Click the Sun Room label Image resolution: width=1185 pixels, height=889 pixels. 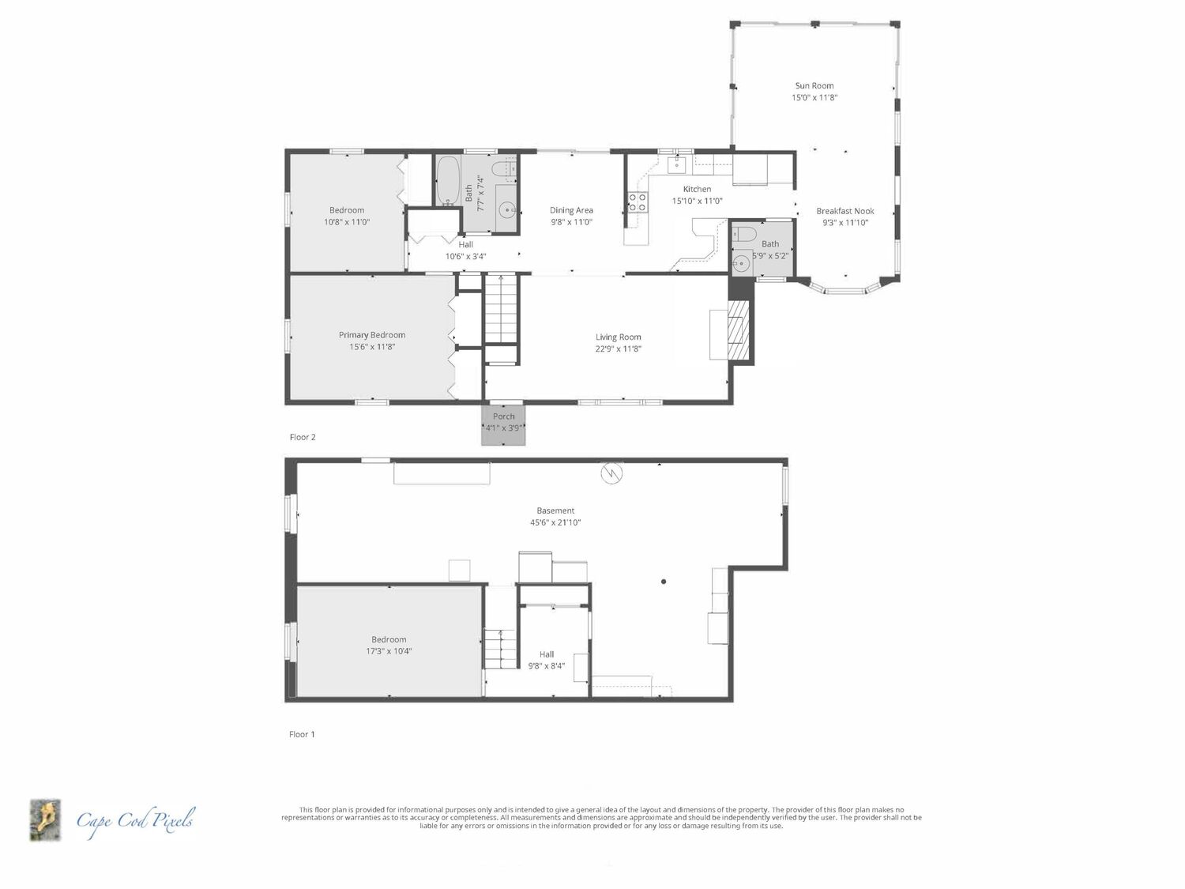(x=814, y=85)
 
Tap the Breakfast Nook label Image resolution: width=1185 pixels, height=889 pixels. (x=845, y=211)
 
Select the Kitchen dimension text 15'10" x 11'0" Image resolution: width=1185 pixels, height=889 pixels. (x=697, y=201)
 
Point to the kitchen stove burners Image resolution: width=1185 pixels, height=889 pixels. (x=637, y=202)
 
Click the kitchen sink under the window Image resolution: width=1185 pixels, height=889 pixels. (x=676, y=164)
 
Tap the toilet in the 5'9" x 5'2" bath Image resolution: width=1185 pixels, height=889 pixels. (x=743, y=234)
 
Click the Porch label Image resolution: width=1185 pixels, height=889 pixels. (x=504, y=416)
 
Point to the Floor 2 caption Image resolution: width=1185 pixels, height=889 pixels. (x=303, y=437)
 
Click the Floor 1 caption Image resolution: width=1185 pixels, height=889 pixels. (x=302, y=734)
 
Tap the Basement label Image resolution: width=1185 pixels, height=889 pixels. (x=555, y=510)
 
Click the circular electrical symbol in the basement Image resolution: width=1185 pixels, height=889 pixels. (x=611, y=473)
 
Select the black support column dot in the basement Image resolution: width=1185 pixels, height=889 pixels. (x=664, y=582)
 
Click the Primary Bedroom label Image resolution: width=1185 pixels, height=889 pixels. (x=372, y=334)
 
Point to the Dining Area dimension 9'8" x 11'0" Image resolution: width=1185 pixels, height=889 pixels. (x=571, y=222)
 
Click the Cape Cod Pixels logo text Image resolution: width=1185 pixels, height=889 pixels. (x=135, y=821)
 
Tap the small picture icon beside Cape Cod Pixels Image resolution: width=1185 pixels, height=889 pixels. (x=45, y=820)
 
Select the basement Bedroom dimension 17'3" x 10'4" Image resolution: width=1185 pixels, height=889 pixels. (x=389, y=651)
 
